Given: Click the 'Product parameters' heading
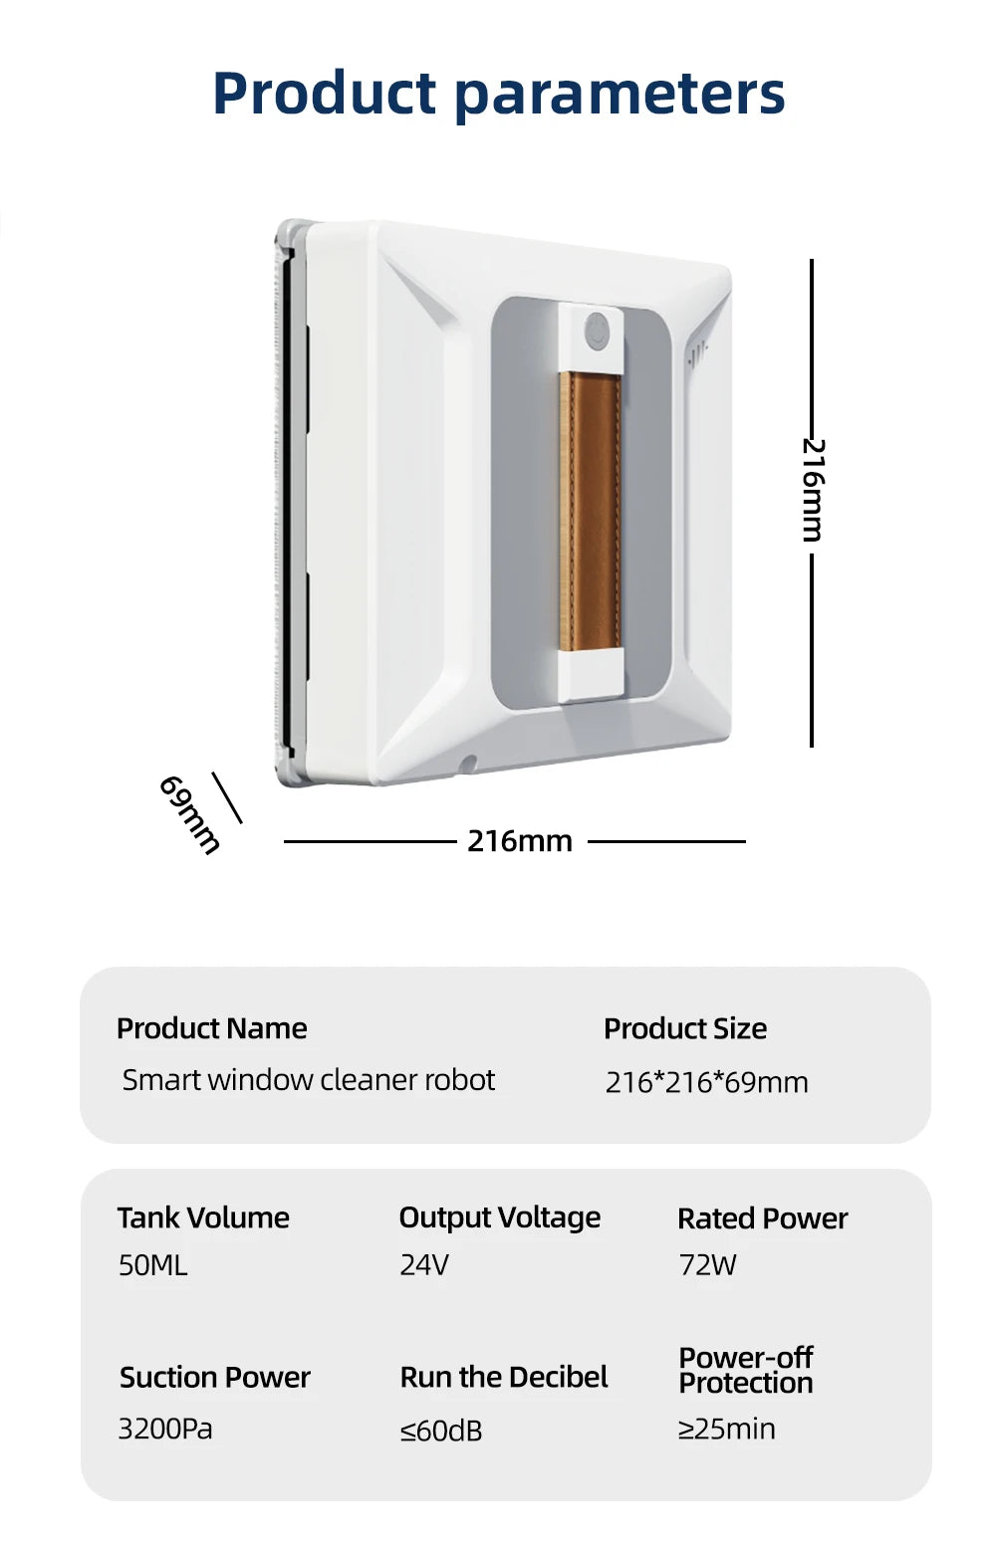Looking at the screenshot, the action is click(499, 94).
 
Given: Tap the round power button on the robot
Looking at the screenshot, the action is click(596, 331).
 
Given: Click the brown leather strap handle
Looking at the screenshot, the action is click(591, 511).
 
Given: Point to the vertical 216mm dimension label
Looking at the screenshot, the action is click(813, 490).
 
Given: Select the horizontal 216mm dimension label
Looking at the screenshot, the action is click(519, 841).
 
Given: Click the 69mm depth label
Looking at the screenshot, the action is click(189, 814).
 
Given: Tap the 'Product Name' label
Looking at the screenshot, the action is click(211, 1028).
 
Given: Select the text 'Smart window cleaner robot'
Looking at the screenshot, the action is click(309, 1080).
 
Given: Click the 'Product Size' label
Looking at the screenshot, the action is click(685, 1028).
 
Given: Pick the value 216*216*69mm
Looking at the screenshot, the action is click(706, 1082).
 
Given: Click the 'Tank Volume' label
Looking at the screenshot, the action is click(203, 1218).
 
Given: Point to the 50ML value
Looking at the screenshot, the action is click(152, 1265).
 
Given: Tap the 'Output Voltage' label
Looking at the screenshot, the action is click(499, 1218).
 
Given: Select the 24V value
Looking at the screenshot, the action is click(424, 1265).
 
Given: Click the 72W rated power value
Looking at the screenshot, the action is click(708, 1265).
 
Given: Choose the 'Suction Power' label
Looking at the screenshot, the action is click(215, 1378).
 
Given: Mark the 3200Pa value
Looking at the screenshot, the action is click(165, 1429).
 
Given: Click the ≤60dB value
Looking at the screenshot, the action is click(440, 1431).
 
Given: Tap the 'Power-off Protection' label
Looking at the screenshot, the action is click(746, 1371).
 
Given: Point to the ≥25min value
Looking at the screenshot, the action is click(727, 1429).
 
